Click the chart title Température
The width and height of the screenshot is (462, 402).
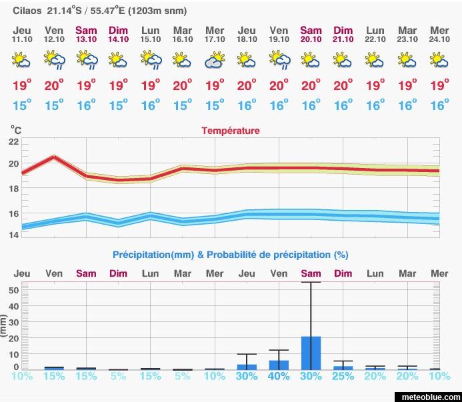tap(231, 131)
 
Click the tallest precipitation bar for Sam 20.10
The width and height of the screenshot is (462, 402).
tap(311, 353)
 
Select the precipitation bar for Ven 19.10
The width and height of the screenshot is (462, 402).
tap(279, 365)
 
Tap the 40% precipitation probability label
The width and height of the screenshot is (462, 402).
tap(279, 376)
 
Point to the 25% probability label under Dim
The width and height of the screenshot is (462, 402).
tap(343, 376)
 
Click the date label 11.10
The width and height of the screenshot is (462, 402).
tap(22, 39)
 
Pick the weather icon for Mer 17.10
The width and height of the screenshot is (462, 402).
tap(215, 61)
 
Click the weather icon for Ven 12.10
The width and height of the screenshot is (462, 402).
tap(54, 61)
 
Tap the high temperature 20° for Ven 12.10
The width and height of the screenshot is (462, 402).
tap(54, 85)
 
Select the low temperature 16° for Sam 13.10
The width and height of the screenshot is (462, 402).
tap(86, 105)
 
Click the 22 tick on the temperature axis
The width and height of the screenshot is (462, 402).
tap(13, 142)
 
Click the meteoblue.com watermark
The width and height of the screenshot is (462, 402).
tap(430, 397)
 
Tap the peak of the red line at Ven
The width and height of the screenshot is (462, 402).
tap(54, 157)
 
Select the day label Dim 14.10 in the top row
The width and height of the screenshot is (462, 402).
tap(118, 34)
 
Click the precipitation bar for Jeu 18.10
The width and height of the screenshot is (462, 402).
tap(247, 367)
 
